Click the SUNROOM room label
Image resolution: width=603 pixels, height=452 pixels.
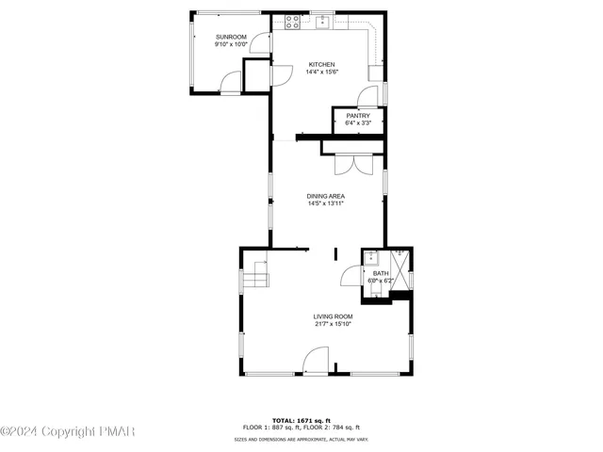(x=230, y=37)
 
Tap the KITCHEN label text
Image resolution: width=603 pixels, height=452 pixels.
(x=321, y=65)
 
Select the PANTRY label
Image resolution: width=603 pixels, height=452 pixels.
(x=358, y=115)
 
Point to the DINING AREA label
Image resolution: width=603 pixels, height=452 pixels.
(x=325, y=196)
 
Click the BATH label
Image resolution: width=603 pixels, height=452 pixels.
(x=380, y=273)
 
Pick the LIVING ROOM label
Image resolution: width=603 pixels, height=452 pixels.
(x=334, y=316)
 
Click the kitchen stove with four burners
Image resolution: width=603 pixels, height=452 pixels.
(x=293, y=20)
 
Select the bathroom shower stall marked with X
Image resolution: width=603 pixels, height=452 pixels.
(x=402, y=273)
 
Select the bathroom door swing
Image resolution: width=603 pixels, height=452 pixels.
(x=351, y=275)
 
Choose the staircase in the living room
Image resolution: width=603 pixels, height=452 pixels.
(x=257, y=279)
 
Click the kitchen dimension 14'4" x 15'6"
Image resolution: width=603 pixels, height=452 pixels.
(x=321, y=73)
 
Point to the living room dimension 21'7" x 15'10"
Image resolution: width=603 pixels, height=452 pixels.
(x=334, y=324)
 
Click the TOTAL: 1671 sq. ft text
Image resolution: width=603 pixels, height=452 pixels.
(x=297, y=419)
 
